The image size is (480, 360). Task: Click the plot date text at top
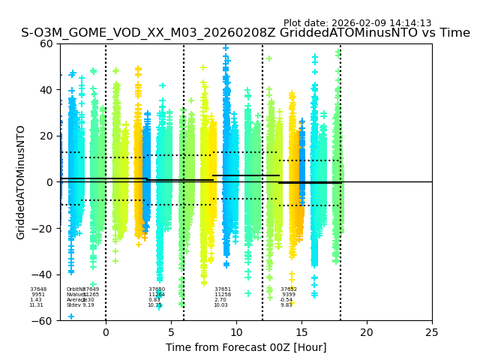click(357, 23)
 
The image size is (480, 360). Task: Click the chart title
click(245, 34)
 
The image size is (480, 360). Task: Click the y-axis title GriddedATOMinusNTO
click(21, 182)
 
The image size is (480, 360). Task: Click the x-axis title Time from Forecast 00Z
click(246, 347)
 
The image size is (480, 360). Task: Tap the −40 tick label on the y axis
click(44, 274)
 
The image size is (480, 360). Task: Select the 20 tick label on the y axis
click(47, 136)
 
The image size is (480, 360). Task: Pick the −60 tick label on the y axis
click(44, 321)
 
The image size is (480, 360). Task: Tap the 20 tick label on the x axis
click(367, 331)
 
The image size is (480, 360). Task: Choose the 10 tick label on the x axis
click(236, 331)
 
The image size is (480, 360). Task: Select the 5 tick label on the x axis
click(171, 331)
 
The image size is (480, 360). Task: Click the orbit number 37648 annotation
click(38, 289)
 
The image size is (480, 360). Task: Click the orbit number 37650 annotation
click(157, 289)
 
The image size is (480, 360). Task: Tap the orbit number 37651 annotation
click(223, 289)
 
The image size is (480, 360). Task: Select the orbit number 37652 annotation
click(289, 289)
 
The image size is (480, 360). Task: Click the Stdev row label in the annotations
click(73, 305)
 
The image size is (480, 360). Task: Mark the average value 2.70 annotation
click(220, 300)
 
